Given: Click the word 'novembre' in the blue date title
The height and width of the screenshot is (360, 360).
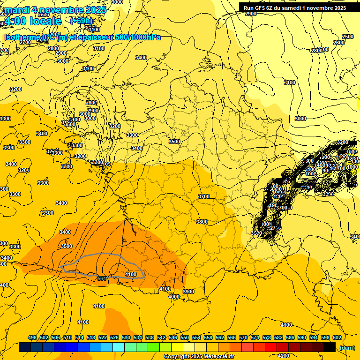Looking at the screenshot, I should tap(65, 10).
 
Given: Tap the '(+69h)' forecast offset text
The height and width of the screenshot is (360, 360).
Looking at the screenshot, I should tap(82, 21).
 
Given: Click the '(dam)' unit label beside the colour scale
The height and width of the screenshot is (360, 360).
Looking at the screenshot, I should tap(347, 348).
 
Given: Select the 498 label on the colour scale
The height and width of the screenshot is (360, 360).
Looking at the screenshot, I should tap(32, 337).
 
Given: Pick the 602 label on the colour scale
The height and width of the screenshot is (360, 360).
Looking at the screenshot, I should tap(337, 337).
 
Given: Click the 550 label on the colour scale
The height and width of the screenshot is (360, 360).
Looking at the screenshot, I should tap(185, 337).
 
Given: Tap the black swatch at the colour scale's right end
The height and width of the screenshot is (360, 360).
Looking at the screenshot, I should tap(330, 347).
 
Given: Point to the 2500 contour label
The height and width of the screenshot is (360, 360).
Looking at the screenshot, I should tap(348, 37).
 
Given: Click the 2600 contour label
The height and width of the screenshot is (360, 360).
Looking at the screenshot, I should tap(338, 43).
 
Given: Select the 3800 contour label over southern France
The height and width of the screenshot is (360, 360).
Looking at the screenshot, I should tap(202, 222).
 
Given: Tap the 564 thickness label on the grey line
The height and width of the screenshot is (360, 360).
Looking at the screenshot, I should tap(102, 278).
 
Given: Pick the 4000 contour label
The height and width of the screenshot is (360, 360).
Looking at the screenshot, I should tap(174, 296).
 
